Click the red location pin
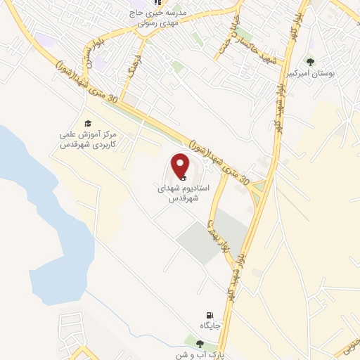[181, 166]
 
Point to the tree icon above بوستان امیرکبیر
[311, 62]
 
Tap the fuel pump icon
[209, 315]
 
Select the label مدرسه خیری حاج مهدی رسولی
[160, 17]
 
